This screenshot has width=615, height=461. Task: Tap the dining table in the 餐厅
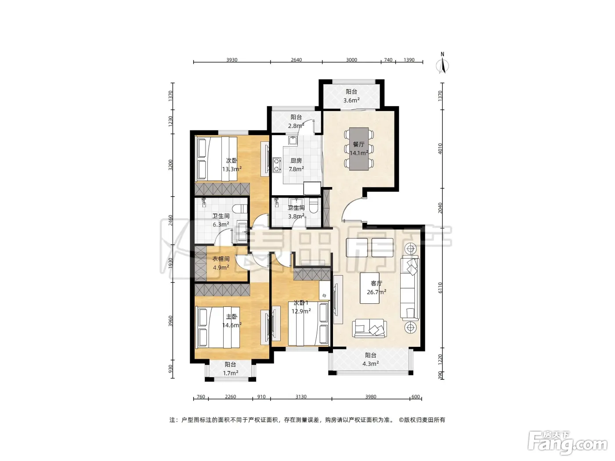(358, 149)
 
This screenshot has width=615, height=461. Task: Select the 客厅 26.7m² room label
(376, 288)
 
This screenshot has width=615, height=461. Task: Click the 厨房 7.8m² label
(296, 165)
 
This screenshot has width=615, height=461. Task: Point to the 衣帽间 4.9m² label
(221, 263)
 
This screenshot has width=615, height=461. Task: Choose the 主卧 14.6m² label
(232, 321)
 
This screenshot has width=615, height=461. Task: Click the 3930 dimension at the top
(232, 60)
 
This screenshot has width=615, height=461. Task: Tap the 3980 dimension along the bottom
(371, 396)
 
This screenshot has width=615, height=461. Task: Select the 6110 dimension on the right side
(440, 288)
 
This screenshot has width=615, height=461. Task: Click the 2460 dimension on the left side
(170, 220)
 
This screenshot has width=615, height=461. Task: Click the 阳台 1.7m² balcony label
(230, 369)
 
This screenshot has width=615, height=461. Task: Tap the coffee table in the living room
(369, 288)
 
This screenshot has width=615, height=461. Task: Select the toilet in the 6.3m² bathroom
(240, 209)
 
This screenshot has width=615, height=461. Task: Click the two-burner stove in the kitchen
(277, 165)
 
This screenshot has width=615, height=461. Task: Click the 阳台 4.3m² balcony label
(370, 360)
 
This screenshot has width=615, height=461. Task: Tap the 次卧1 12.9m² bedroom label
(301, 307)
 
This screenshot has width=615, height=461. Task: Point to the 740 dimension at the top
(388, 60)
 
